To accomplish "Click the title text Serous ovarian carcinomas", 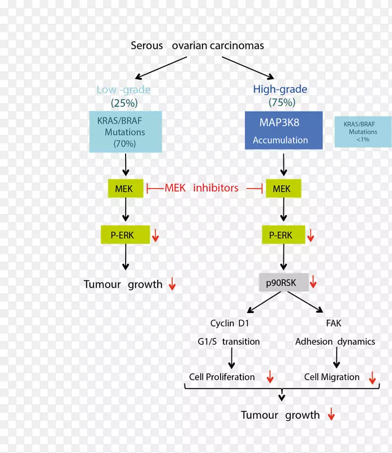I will [197, 45].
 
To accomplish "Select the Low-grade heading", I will [123, 89].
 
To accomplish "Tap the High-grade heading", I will [280, 89].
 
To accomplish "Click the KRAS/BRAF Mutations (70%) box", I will [125, 132].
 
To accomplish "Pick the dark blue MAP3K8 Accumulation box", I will [283, 130].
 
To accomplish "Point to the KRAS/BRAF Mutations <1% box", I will [363, 132].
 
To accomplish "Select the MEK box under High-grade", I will [281, 189].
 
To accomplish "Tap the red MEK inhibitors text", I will [201, 188].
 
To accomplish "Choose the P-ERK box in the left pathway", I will [125, 234].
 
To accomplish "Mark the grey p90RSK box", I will [283, 281].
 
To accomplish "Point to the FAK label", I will [333, 323].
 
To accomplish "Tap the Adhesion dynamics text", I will [335, 341].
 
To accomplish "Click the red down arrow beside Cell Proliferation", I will [270, 377].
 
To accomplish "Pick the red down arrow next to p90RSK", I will [313, 282].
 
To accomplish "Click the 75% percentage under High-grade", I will [281, 102].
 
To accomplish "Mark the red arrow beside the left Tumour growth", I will [172, 285].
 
